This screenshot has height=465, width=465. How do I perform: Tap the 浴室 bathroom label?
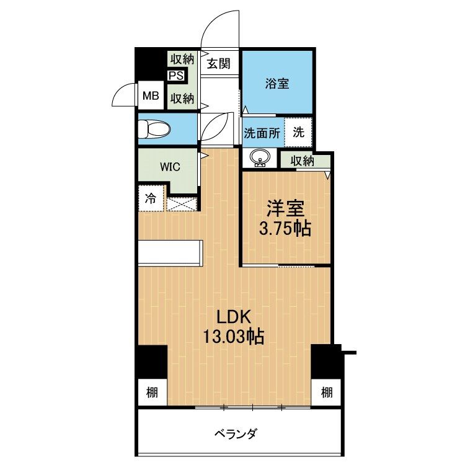click(x=277, y=84)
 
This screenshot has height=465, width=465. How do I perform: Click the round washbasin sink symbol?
click(x=260, y=159)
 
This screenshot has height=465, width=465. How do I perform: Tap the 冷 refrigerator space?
click(x=151, y=199)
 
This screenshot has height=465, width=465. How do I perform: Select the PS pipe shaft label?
click(x=175, y=76)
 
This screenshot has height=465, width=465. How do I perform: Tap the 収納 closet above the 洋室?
click(x=303, y=161)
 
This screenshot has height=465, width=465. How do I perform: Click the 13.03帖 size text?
click(x=232, y=337)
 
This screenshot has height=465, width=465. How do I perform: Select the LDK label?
click(x=232, y=317)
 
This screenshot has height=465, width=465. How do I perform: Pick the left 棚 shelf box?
click(x=152, y=392)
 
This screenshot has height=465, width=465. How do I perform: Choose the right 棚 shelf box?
click(x=326, y=392)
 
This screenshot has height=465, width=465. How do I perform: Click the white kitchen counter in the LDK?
click(x=170, y=254)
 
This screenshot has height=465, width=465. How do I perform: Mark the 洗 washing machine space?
click(x=299, y=132)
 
